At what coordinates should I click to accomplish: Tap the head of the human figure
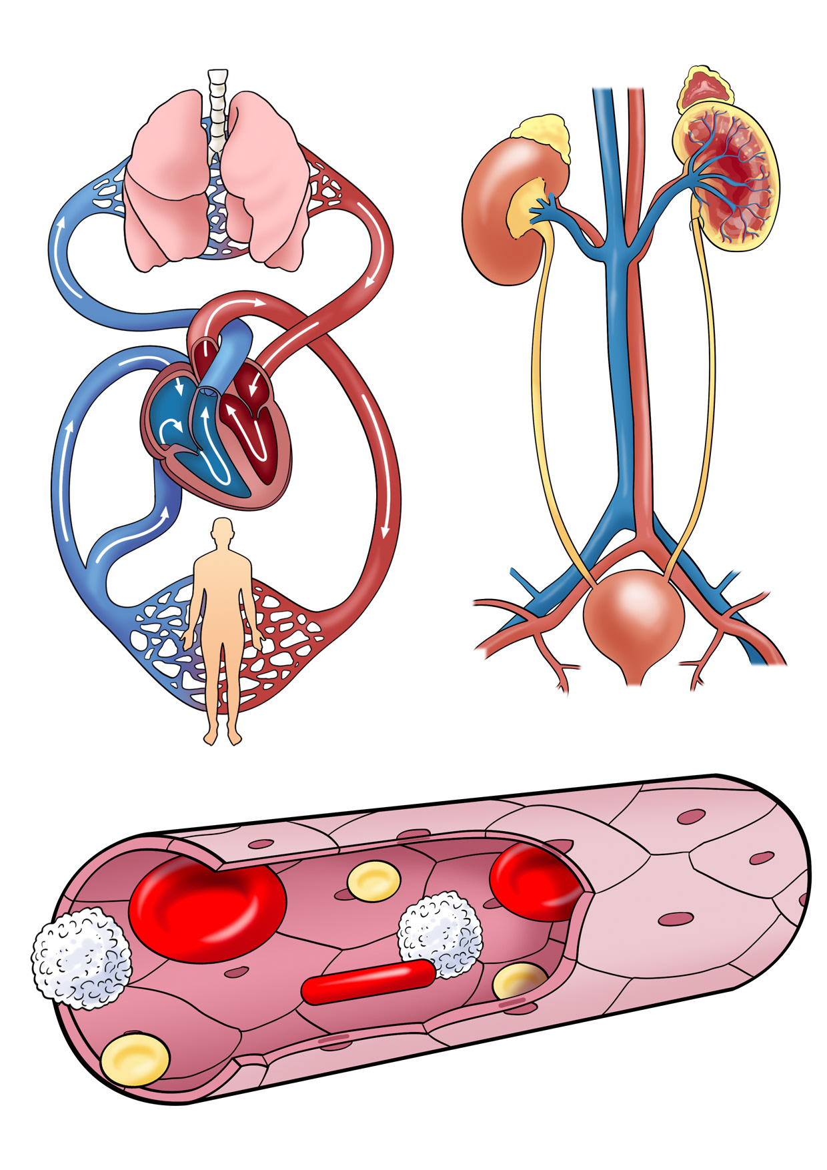222,532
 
